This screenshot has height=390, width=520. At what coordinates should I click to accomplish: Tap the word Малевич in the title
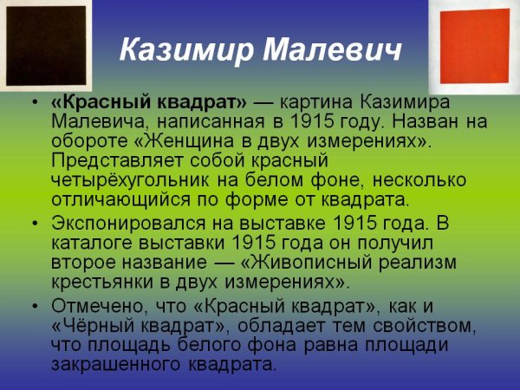(x=330, y=49)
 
